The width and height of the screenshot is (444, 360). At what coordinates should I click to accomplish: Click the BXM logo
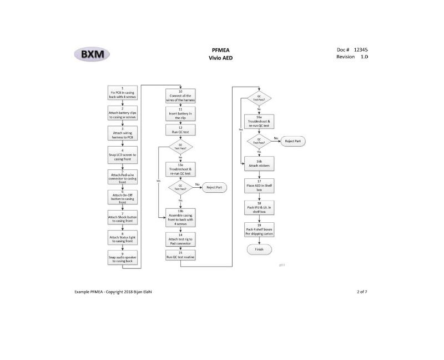coord(92,54)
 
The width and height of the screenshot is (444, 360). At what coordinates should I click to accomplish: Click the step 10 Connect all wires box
coord(180,96)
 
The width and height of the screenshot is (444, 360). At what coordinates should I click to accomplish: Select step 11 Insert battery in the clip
coord(180,115)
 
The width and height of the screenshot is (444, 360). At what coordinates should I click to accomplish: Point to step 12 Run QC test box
coord(180,131)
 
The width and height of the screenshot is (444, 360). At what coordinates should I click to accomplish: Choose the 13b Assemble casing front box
coord(180,217)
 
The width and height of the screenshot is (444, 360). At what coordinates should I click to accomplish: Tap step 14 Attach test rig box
coord(180,239)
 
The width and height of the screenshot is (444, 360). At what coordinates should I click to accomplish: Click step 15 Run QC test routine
coord(180,256)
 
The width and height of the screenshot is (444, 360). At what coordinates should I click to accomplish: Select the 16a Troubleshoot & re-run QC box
coord(259,122)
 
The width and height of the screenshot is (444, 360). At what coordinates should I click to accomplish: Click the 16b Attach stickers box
coord(259,164)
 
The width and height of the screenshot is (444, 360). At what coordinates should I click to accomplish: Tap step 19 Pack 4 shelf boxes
coord(259,229)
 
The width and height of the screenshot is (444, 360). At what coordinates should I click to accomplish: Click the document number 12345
coord(360,49)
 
